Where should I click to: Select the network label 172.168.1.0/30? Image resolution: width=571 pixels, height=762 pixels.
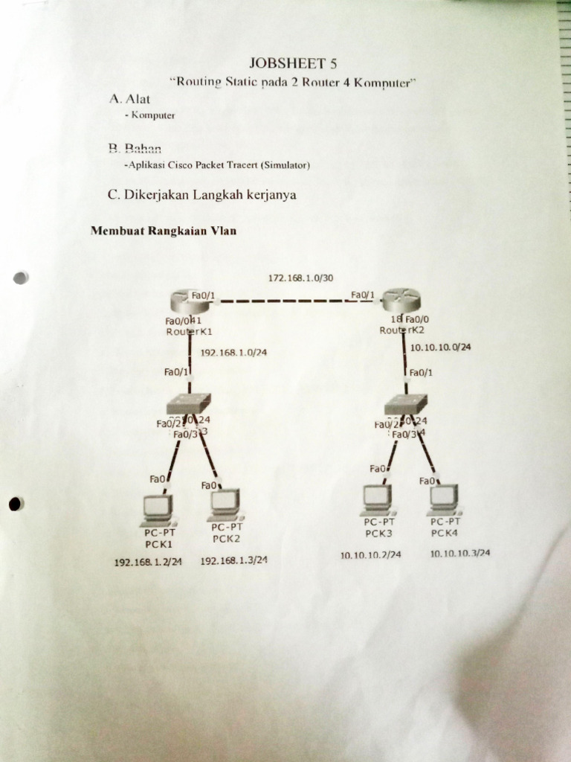300,278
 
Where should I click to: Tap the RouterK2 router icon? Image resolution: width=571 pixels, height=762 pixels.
401,303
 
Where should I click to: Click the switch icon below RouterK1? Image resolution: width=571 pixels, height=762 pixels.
189,404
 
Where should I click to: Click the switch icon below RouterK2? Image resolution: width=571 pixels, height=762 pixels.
406,404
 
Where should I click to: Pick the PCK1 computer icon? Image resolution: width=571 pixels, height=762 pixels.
158,508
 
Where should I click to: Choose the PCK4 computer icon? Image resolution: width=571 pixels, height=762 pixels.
444,499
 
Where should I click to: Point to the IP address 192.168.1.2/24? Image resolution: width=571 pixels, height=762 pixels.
148,562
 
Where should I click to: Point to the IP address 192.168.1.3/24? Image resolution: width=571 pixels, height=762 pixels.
233,560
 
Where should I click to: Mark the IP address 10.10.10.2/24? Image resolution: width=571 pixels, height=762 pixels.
370,555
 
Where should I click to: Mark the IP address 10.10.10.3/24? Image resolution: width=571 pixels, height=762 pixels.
459,553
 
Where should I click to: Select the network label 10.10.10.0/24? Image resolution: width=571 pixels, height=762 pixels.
440,347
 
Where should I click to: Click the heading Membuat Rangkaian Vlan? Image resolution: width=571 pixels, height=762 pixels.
164,231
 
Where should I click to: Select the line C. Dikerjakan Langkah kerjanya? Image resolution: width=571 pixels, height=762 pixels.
202,195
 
